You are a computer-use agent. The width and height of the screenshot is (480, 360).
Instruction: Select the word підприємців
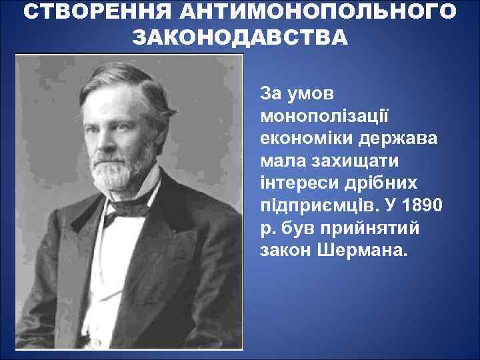click(315, 206)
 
